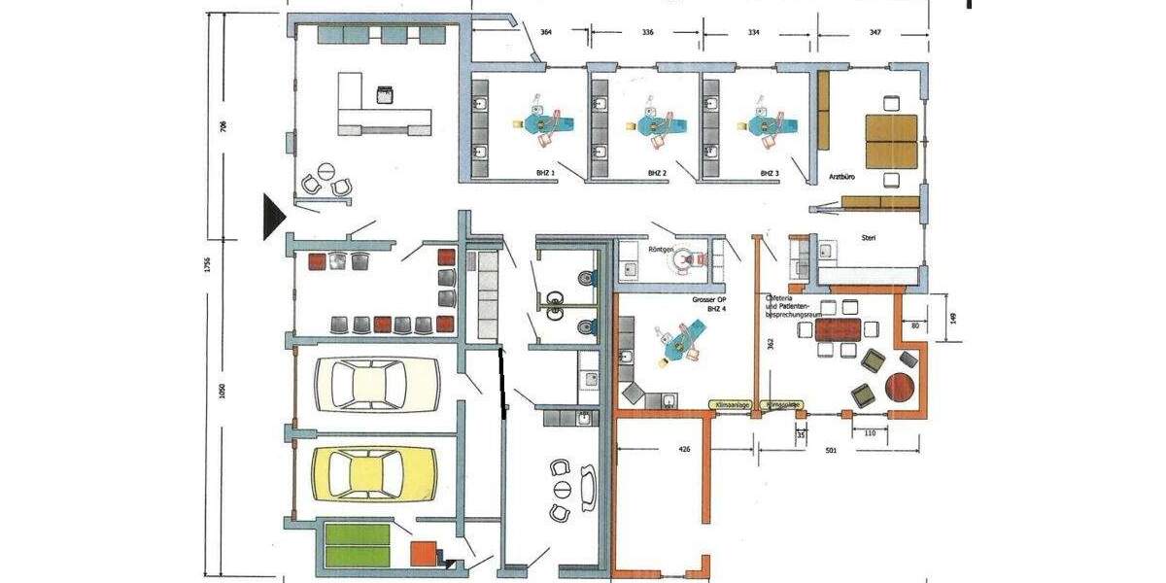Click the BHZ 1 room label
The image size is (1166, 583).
tap(545, 173)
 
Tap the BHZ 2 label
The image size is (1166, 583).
tap(658, 173)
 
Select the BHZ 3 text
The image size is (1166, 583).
tap(771, 173)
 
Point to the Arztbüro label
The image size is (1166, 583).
tap(842, 179)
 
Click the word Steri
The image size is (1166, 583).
tap(869, 237)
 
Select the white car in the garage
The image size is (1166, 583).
tap(375, 384)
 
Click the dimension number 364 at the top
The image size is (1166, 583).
tap(546, 33)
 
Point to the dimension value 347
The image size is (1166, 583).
tap(875, 33)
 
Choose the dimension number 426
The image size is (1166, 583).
tap(684, 450)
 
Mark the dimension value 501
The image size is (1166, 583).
tap(832, 450)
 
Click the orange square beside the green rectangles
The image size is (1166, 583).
tap(423, 553)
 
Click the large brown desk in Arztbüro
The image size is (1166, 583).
tap(891, 139)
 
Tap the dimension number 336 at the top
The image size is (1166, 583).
tap(648, 33)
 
